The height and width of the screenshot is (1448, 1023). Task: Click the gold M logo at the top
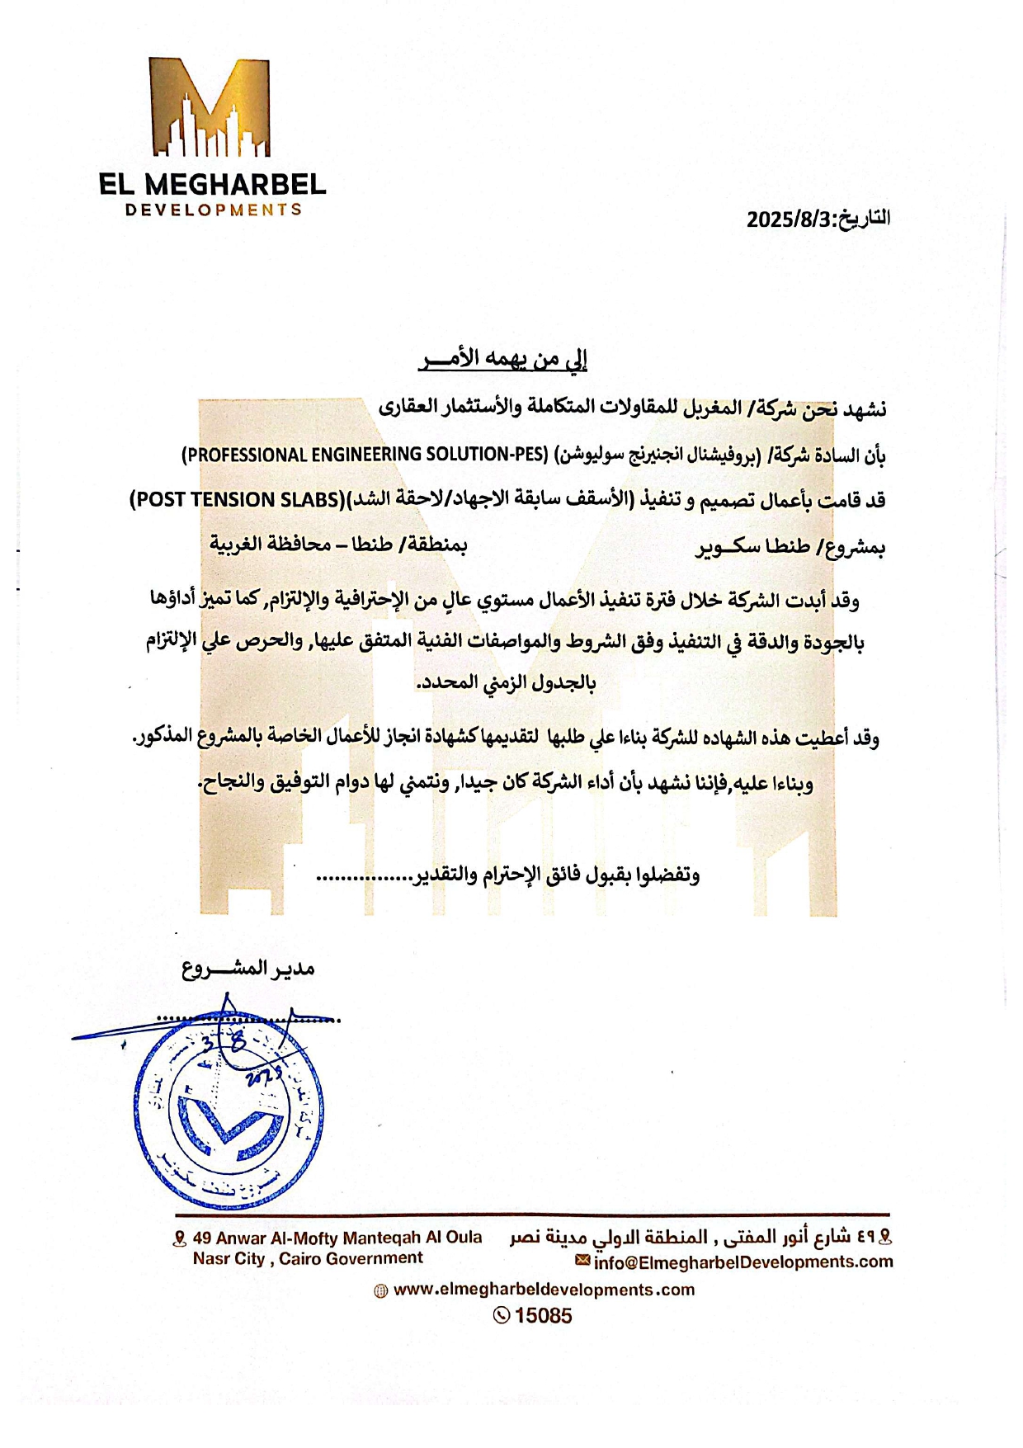[210, 107]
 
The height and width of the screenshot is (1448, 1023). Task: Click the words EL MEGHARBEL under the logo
[212, 183]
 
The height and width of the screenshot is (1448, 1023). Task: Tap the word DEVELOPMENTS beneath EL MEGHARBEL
[213, 210]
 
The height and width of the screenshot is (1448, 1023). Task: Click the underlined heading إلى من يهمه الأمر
[502, 359]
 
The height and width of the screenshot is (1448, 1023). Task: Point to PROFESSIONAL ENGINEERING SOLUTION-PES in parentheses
[365, 455]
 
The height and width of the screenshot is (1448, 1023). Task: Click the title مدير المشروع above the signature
[248, 968]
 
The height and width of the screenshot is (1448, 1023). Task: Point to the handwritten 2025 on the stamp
[264, 1073]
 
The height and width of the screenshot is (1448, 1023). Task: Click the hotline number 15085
[543, 1315]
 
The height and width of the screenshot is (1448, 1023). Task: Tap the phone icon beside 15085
[501, 1315]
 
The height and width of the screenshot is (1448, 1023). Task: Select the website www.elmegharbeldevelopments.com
[544, 1290]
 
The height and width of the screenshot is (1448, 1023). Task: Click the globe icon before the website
[380, 1291]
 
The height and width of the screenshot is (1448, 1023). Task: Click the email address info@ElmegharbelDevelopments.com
[742, 1262]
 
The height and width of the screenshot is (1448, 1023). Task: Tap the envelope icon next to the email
[582, 1261]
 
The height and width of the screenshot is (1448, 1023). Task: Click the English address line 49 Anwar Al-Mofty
[337, 1238]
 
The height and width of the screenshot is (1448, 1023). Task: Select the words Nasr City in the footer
[229, 1259]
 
